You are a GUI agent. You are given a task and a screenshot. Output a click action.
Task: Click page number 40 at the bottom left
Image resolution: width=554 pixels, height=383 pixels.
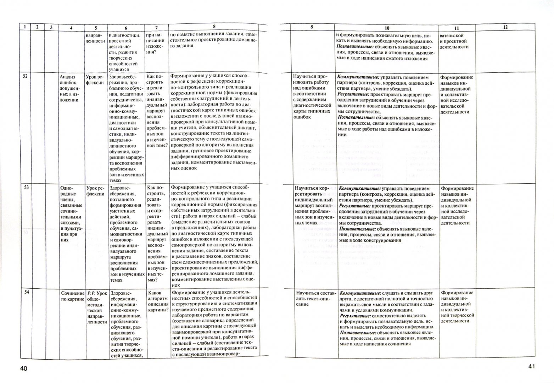click(x=24, y=368)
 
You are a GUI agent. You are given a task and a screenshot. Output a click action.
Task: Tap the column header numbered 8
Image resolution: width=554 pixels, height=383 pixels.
click(x=214, y=26)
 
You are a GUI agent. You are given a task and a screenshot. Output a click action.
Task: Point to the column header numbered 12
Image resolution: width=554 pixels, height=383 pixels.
click(x=505, y=27)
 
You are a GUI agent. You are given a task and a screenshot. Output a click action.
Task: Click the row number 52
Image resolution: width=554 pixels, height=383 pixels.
click(x=25, y=76)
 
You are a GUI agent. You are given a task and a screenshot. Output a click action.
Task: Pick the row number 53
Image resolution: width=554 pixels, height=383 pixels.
click(x=26, y=187)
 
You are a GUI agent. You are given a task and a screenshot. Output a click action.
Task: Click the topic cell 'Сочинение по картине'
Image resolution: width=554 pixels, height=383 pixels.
click(x=73, y=296)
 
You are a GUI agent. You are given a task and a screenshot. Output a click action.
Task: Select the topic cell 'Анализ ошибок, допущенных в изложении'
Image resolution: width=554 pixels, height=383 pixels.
click(x=72, y=88)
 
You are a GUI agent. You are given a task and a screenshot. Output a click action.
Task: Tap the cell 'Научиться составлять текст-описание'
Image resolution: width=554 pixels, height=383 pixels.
click(x=312, y=299)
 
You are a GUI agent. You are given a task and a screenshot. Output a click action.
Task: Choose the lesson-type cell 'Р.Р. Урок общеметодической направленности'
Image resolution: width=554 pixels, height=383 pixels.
click(x=96, y=307)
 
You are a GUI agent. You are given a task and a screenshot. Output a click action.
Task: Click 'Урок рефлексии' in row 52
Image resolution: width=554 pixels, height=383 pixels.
click(x=95, y=80)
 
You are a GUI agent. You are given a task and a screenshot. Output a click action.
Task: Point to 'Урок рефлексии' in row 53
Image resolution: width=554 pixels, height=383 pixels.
click(x=95, y=191)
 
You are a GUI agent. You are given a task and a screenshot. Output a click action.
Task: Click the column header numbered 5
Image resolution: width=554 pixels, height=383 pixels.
click(x=95, y=28)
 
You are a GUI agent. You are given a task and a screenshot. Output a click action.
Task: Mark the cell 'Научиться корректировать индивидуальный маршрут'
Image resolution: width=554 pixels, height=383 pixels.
click(x=312, y=206)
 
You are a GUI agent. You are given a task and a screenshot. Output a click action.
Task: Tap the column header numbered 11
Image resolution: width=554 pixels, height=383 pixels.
click(x=456, y=28)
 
